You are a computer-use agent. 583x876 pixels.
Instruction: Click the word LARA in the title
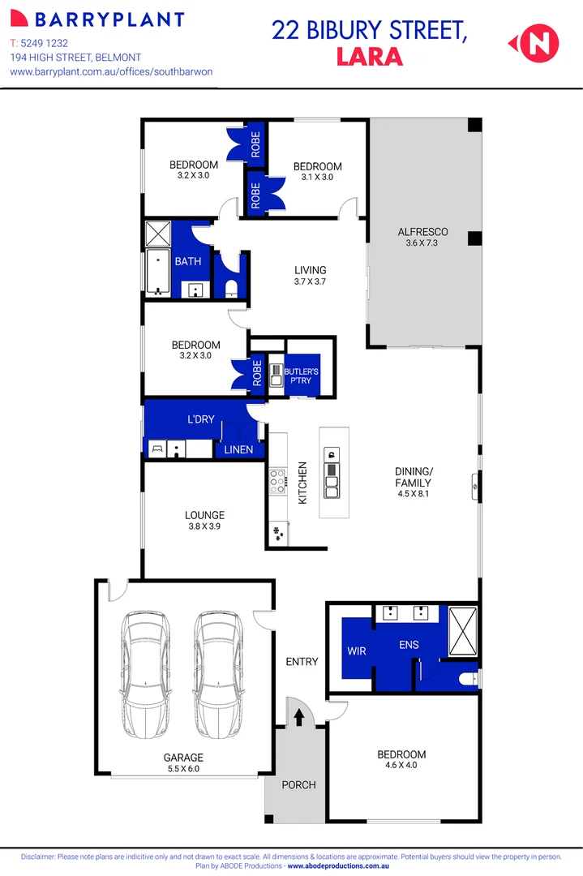[x=369, y=57]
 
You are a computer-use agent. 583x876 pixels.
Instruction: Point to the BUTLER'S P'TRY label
[x=302, y=375]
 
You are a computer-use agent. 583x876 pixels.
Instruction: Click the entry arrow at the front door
[x=298, y=717]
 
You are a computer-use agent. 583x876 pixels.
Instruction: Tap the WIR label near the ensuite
[x=357, y=651]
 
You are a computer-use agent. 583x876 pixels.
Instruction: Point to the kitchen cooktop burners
[x=277, y=482]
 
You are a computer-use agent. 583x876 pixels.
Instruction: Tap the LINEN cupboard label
[x=239, y=449]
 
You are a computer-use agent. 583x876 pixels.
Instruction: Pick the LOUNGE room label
[x=204, y=515]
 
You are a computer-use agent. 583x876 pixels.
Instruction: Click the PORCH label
[x=298, y=784]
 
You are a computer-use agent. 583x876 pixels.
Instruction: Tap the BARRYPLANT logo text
[x=105, y=19]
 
